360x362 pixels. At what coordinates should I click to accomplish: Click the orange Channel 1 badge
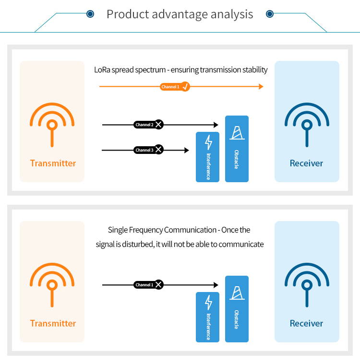pos(175,87)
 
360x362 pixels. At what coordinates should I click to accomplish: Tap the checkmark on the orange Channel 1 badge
pos(185,87)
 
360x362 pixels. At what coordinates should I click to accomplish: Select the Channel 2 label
pos(144,125)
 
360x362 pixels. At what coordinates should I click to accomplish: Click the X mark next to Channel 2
pos(158,125)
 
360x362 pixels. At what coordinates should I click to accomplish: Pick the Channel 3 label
pos(144,150)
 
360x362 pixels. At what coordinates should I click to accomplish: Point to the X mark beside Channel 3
pos(158,150)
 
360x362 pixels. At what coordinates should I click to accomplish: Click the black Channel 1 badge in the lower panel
pos(148,285)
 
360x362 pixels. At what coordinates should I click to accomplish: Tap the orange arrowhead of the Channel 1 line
pos(261,87)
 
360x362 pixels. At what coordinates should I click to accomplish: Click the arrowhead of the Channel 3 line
pos(187,150)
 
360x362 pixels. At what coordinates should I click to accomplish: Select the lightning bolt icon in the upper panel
pos(208,142)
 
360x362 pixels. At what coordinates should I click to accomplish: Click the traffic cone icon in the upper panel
pos(237,133)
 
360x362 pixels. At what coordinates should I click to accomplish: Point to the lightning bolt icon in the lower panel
pos(208,303)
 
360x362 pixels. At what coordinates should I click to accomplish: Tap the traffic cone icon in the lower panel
pos(237,293)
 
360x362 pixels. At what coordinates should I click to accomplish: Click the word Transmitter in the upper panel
pos(53,163)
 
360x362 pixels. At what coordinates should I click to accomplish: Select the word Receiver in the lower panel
pos(306,324)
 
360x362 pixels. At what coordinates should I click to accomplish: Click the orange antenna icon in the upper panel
pos(52,125)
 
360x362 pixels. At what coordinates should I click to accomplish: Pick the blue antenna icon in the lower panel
pos(307,285)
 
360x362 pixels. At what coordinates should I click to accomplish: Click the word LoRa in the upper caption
pos(102,70)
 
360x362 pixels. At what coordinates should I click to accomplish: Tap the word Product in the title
pos(128,14)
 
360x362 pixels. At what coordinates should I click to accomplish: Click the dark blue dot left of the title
pos(90,14)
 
